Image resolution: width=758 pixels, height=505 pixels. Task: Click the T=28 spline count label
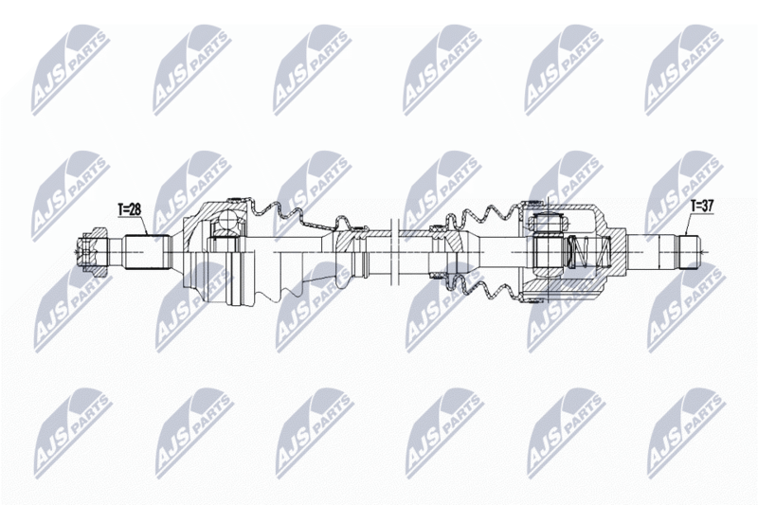pyautogui.click(x=129, y=209)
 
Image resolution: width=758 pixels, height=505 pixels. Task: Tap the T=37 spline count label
pyautogui.click(x=702, y=207)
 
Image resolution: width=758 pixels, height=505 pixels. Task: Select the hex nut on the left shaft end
pyautogui.click(x=93, y=252)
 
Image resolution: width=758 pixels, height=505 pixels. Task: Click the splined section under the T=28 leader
pyautogui.click(x=148, y=252)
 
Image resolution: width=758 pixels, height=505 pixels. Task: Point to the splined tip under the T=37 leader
pyautogui.click(x=690, y=252)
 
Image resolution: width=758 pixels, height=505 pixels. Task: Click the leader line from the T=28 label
pyautogui.click(x=145, y=225)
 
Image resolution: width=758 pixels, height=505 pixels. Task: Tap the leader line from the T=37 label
pyautogui.click(x=689, y=224)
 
